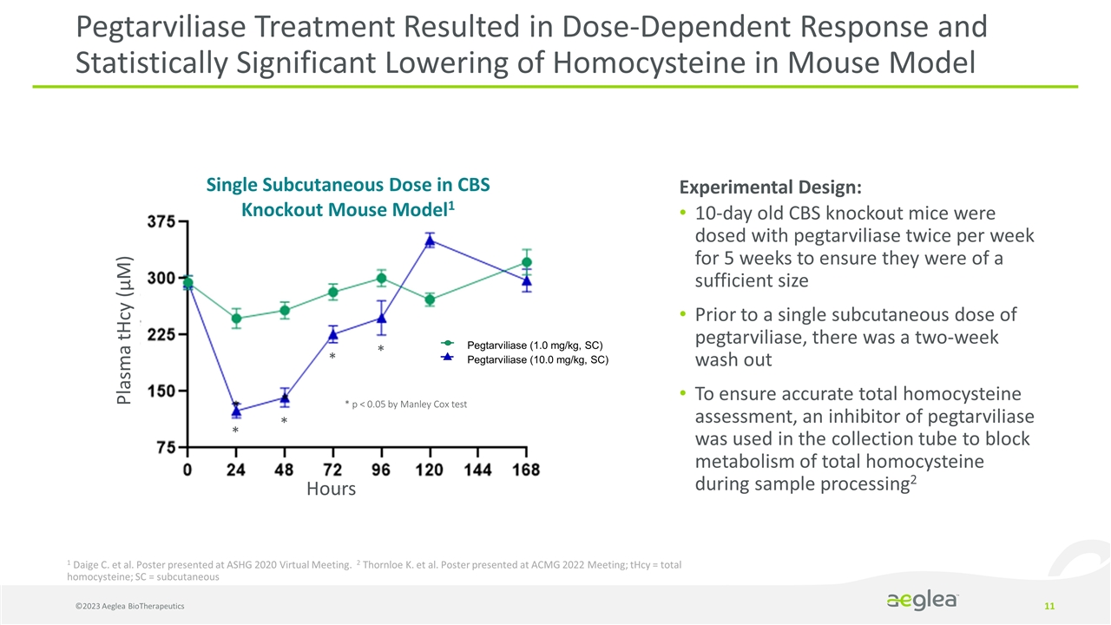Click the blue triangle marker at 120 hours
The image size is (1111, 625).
(430, 240)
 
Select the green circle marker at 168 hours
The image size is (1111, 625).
(526, 262)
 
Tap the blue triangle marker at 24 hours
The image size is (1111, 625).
(236, 410)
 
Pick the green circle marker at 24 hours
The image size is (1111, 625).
(236, 318)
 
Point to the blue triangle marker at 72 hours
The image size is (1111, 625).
(332, 334)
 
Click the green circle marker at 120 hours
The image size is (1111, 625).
(430, 299)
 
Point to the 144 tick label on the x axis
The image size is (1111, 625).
(477, 470)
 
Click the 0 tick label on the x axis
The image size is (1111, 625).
(188, 470)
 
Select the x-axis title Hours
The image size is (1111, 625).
(331, 490)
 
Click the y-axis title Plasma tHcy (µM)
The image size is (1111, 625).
(127, 330)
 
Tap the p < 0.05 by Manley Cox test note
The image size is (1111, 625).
(405, 405)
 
